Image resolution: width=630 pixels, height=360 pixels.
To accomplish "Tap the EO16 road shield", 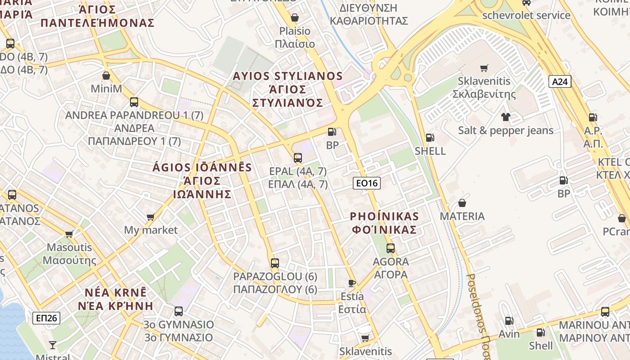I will [x=366, y=183].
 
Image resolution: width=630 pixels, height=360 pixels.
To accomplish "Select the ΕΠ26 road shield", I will [x=46, y=318].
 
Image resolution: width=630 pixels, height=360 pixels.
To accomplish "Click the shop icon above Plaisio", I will [x=295, y=18].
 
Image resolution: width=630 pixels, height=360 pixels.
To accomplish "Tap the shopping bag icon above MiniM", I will [x=106, y=76].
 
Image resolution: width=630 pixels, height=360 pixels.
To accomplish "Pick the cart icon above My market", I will [x=151, y=217].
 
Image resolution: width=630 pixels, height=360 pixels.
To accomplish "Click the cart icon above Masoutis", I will [x=69, y=234].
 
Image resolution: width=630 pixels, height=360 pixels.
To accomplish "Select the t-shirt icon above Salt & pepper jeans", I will [x=506, y=117].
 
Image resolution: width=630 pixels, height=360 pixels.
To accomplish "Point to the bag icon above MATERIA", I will [x=462, y=203].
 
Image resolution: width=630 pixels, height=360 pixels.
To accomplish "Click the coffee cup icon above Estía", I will [x=352, y=283].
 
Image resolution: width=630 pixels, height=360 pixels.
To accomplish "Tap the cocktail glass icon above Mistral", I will [x=53, y=345].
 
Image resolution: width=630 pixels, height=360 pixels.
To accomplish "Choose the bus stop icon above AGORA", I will [x=391, y=248].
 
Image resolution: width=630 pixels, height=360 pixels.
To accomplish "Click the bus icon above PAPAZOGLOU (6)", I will [x=275, y=263].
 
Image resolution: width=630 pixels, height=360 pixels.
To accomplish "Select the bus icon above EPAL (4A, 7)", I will [x=297, y=158].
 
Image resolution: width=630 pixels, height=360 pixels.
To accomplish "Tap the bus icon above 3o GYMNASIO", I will [x=179, y=311].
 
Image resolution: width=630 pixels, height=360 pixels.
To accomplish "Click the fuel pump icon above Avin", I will [x=509, y=321].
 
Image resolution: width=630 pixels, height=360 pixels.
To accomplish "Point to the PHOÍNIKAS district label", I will [x=384, y=216].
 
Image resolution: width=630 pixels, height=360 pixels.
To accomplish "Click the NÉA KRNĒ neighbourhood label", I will [x=116, y=292].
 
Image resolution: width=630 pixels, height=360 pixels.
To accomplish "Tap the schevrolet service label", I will [x=526, y=15].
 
